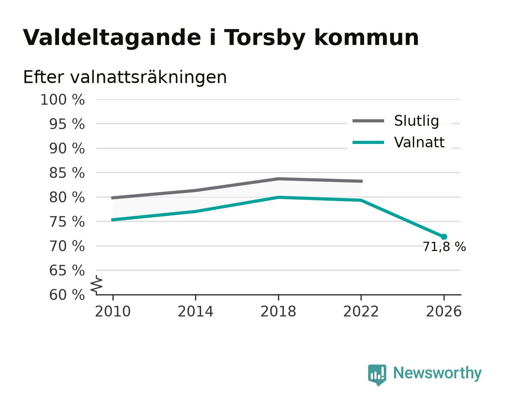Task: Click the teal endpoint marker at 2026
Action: [x=444, y=237]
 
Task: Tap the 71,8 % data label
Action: [x=444, y=247]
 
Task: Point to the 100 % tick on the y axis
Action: [x=62, y=100]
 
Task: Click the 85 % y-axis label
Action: [x=67, y=173]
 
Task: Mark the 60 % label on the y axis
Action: [x=67, y=295]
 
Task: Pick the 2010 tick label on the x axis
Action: [x=113, y=312]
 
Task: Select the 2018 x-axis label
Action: [x=278, y=312]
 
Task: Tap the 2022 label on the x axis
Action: [x=361, y=312]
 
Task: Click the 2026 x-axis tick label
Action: [x=444, y=312]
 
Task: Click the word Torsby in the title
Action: [x=264, y=38]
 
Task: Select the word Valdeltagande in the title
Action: [x=112, y=38]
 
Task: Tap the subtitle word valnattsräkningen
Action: [x=148, y=77]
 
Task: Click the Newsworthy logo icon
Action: [x=377, y=375]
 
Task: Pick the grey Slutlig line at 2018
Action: [x=278, y=179]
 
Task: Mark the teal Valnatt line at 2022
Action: [x=361, y=200]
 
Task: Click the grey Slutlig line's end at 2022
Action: [x=362, y=181]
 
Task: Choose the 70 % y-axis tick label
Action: [x=67, y=246]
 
